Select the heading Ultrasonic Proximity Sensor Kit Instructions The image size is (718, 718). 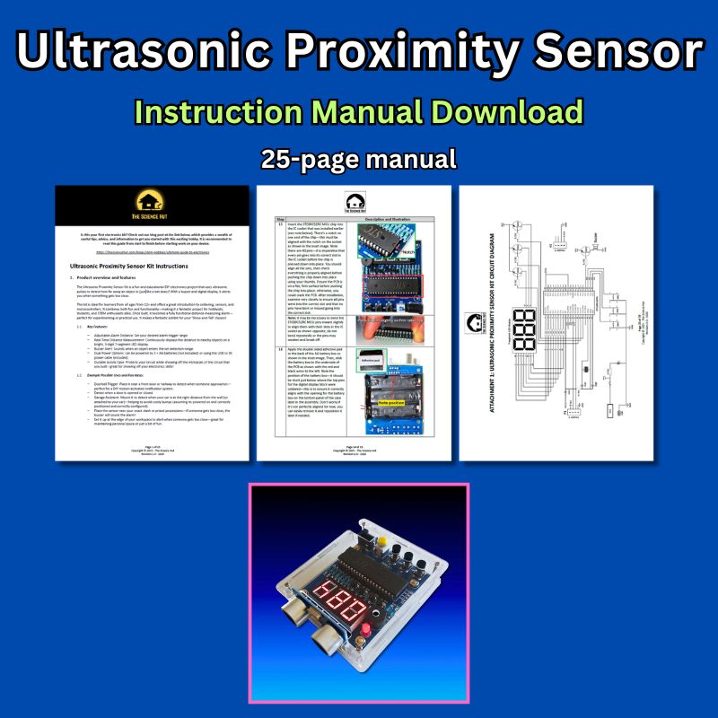coord(140,267)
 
